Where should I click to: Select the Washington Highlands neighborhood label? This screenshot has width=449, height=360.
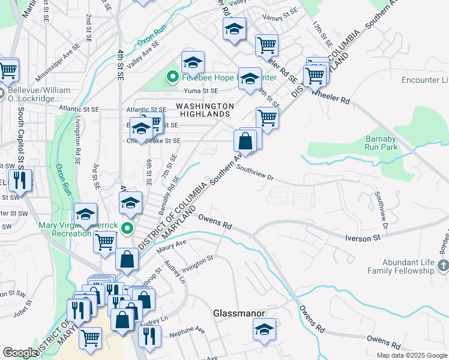point(205,110)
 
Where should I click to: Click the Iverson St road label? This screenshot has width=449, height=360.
point(363,238)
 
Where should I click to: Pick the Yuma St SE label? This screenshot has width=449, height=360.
point(201,91)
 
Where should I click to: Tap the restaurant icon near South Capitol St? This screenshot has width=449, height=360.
point(19,180)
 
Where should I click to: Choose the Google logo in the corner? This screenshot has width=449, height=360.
point(20,353)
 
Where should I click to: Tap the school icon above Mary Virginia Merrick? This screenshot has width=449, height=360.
point(130,205)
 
